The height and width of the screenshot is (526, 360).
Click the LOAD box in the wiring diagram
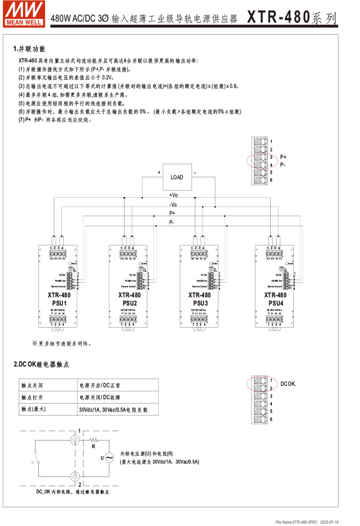point(177,177)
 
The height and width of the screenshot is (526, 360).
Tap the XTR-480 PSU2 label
point(130,299)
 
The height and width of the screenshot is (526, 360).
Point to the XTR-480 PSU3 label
point(200,299)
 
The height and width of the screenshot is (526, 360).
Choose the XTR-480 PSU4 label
point(275,299)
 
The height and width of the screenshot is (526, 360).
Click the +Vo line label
point(173,195)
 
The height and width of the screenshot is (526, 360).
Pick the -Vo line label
point(173,204)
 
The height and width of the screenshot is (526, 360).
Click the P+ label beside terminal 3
point(283,157)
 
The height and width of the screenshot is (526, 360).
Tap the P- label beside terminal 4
point(283,165)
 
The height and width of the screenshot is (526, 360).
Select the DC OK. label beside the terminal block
point(288,384)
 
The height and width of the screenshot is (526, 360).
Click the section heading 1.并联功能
point(29,49)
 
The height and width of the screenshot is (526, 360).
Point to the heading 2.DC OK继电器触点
point(41,365)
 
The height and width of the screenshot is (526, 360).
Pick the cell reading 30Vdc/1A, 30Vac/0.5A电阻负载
point(113,410)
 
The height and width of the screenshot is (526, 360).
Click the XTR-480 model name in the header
point(278,18)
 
